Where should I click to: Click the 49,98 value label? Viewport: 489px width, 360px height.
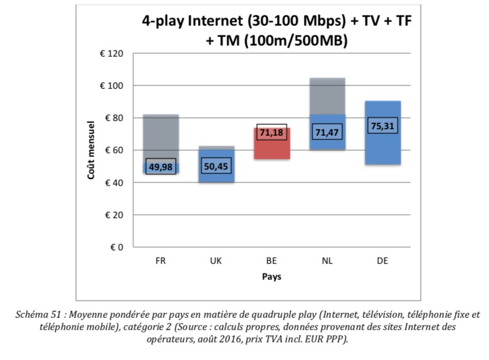click(x=161, y=166)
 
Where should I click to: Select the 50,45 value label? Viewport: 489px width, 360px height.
click(x=216, y=166)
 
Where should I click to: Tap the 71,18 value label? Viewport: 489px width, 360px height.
click(x=272, y=133)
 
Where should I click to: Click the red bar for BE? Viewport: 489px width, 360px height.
click(x=272, y=149)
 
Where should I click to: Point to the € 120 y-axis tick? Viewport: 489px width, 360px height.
click(x=111, y=54)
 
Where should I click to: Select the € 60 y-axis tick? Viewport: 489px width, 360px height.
click(x=113, y=150)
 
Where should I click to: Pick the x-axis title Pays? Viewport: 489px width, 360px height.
click(x=271, y=277)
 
